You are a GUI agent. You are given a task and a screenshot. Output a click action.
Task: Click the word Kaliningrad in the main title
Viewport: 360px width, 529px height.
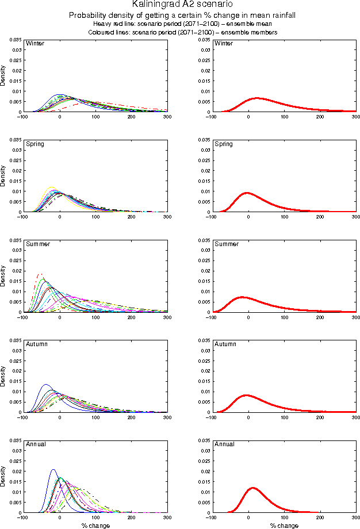pyautogui.click(x=152, y=5)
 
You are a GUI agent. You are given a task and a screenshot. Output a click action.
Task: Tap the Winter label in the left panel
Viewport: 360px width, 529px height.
pyautogui.click(x=35, y=44)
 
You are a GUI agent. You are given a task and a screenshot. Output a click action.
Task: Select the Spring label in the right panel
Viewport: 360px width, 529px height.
pyautogui.click(x=224, y=144)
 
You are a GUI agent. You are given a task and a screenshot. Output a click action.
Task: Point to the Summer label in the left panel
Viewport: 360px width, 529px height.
pyautogui.click(x=38, y=244)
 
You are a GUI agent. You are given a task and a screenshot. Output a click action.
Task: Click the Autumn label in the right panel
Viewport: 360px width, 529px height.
pyautogui.click(x=225, y=344)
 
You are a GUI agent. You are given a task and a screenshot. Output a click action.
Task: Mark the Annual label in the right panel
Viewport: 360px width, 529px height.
pyautogui.click(x=224, y=444)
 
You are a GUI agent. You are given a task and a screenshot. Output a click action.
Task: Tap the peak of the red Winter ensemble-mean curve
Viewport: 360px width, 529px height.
pyautogui.click(x=257, y=98)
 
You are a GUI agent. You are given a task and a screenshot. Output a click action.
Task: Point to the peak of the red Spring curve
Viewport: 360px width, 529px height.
pyautogui.click(x=247, y=193)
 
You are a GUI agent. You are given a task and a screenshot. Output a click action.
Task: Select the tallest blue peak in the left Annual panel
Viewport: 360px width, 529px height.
pyautogui.click(x=53, y=470)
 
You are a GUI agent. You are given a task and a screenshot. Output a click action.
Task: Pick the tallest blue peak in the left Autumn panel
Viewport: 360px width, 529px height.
pyautogui.click(x=45, y=385)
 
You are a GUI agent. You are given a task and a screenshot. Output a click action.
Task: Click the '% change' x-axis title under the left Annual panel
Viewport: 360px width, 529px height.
pyautogui.click(x=95, y=526)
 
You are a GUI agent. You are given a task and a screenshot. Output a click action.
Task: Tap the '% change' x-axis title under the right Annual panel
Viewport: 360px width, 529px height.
pyautogui.click(x=284, y=526)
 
